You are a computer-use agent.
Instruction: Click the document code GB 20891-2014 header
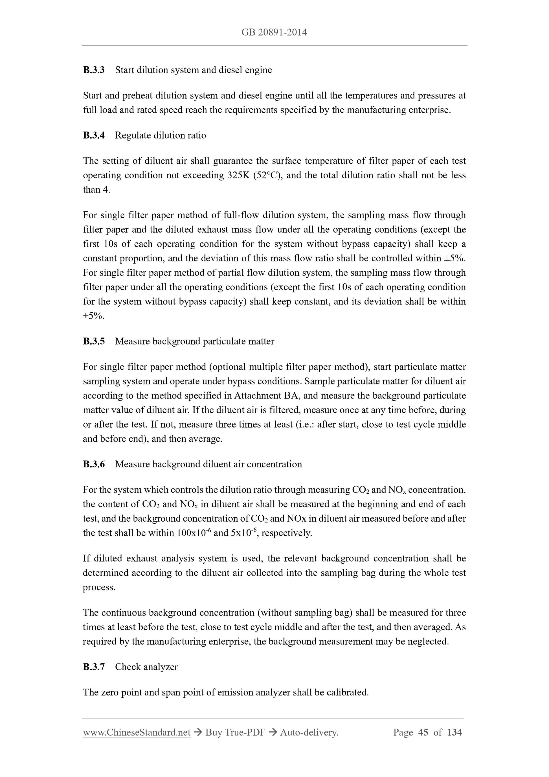(x=274, y=32)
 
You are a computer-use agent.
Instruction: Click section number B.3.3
(x=94, y=70)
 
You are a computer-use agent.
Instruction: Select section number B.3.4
(x=94, y=135)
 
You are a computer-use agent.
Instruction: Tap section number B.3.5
(x=94, y=341)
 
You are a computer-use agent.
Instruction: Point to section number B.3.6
(x=94, y=464)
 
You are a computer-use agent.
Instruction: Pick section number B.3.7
(x=94, y=667)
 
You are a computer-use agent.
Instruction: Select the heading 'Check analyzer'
(x=146, y=667)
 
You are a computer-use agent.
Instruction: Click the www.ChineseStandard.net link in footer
(x=137, y=732)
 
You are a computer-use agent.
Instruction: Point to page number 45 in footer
(x=423, y=732)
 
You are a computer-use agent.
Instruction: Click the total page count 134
(x=454, y=732)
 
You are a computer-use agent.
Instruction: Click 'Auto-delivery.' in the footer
(x=309, y=732)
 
